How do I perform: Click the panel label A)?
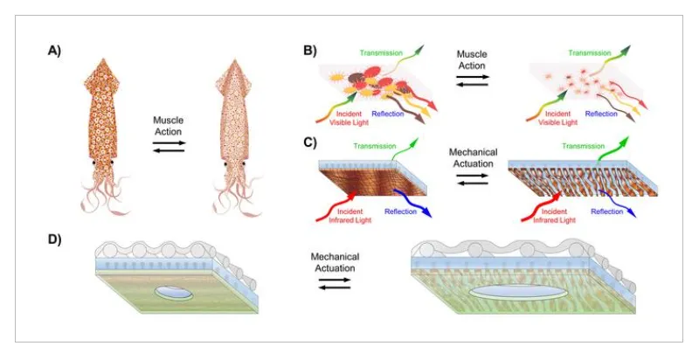click(55, 51)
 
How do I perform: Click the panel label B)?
click(310, 51)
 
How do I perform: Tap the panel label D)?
click(54, 239)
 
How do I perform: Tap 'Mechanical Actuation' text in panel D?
click(332, 262)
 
